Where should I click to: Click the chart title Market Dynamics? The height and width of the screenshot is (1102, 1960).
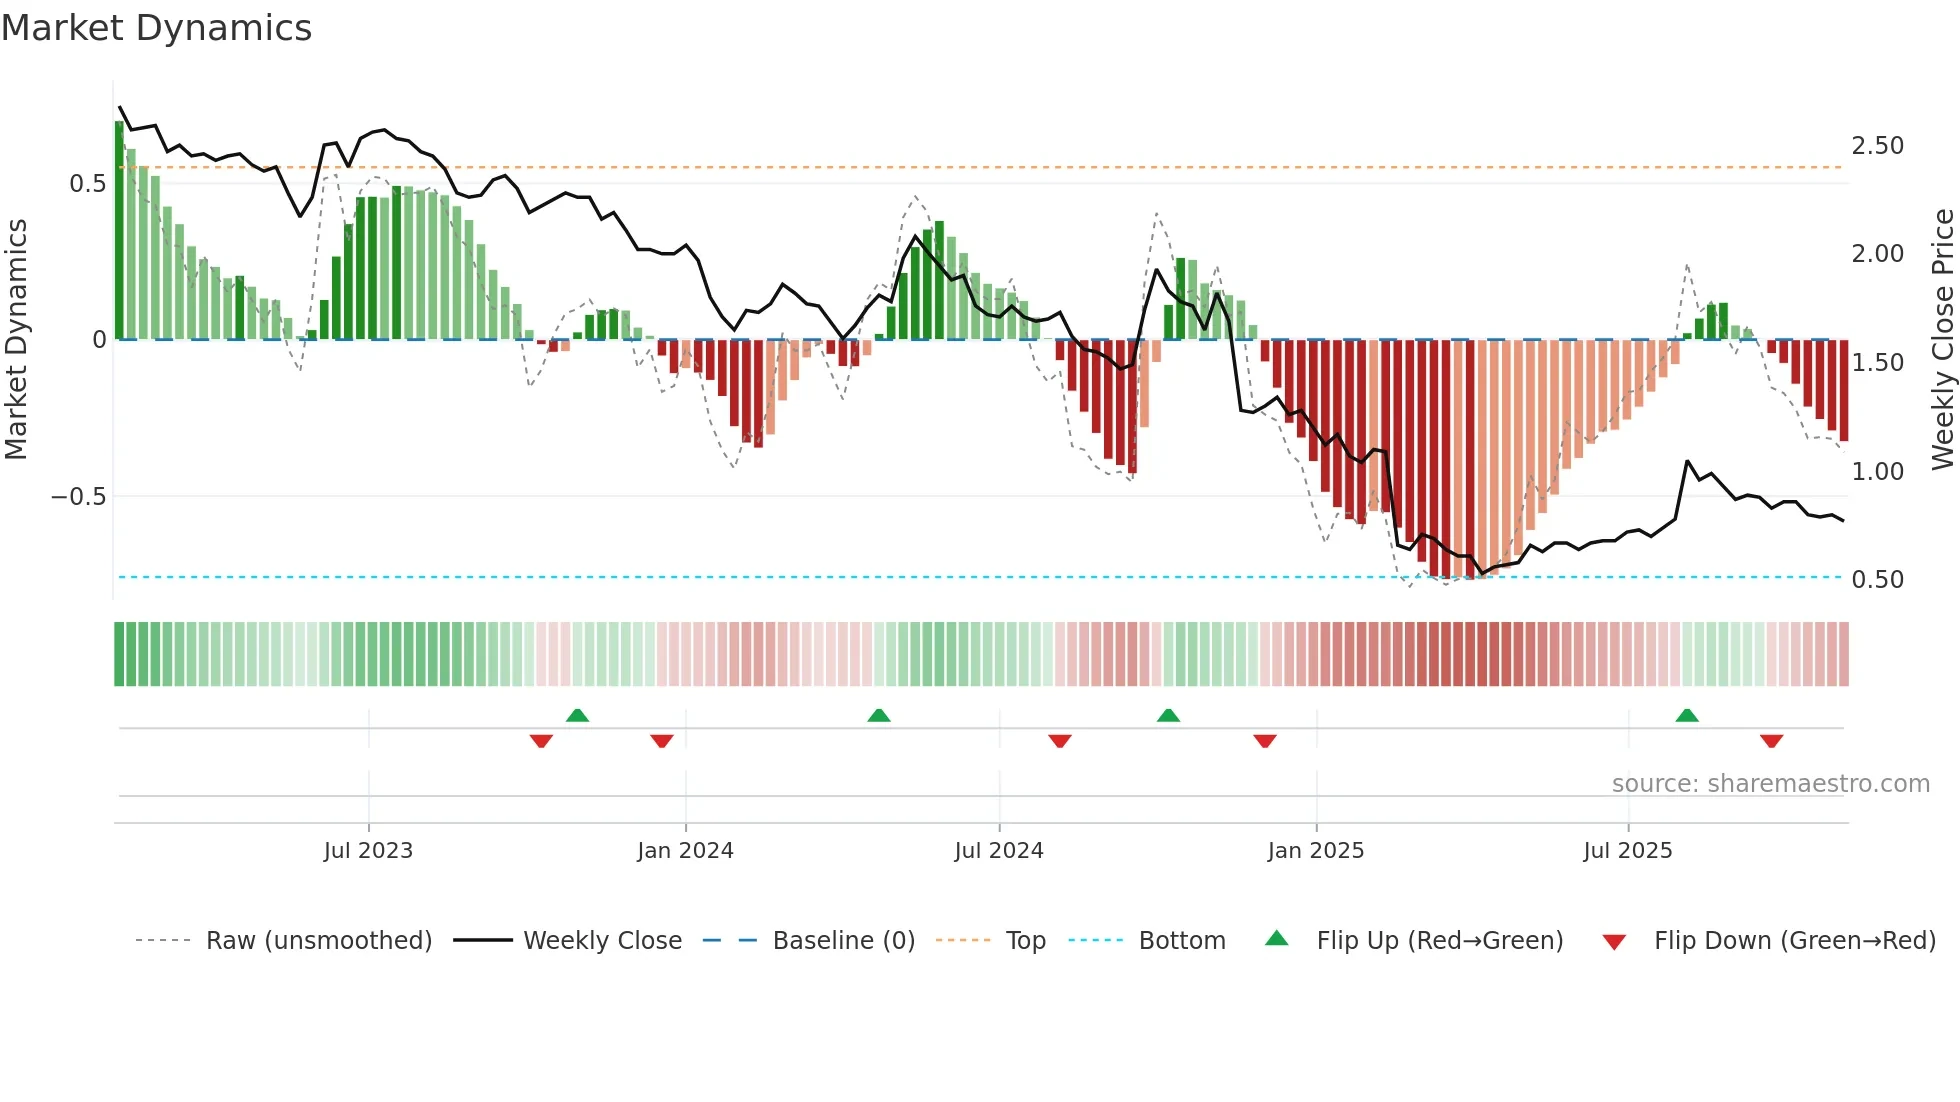pos(156,28)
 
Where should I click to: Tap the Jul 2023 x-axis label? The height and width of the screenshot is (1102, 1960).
pos(368,851)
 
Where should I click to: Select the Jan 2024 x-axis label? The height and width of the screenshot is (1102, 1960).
pos(685,851)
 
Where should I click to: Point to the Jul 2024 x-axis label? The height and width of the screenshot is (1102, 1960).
pos(998,851)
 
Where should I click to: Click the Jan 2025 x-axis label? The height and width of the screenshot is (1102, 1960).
pos(1315,851)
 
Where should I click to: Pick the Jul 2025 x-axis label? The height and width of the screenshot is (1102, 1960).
pos(1627,851)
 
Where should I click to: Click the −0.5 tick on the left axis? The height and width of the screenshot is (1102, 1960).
pos(78,497)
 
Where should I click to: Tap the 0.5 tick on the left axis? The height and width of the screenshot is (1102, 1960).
pos(87,184)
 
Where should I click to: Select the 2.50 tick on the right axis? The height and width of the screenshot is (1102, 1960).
pos(1877,146)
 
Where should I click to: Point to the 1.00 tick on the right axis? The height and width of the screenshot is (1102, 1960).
pos(1877,472)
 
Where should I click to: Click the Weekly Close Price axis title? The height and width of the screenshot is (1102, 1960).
pos(1942,340)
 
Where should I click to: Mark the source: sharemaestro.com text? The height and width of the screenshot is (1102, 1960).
pos(1770,784)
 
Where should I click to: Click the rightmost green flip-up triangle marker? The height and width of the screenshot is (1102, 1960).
pos(1687,716)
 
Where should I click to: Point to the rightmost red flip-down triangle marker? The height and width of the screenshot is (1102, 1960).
pos(1771,741)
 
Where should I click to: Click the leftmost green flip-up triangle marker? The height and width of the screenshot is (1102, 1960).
pos(577,716)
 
